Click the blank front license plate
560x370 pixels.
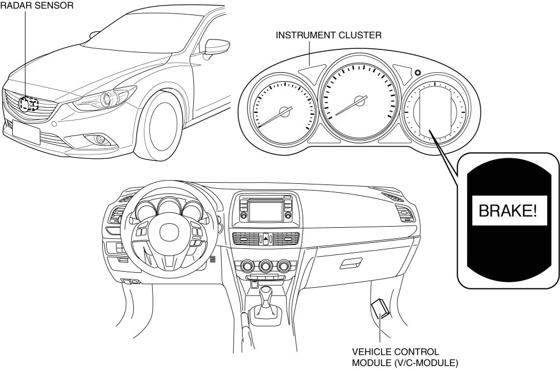tap(27, 134)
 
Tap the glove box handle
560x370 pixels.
tap(350, 263)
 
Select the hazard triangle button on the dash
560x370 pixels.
tap(266, 238)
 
